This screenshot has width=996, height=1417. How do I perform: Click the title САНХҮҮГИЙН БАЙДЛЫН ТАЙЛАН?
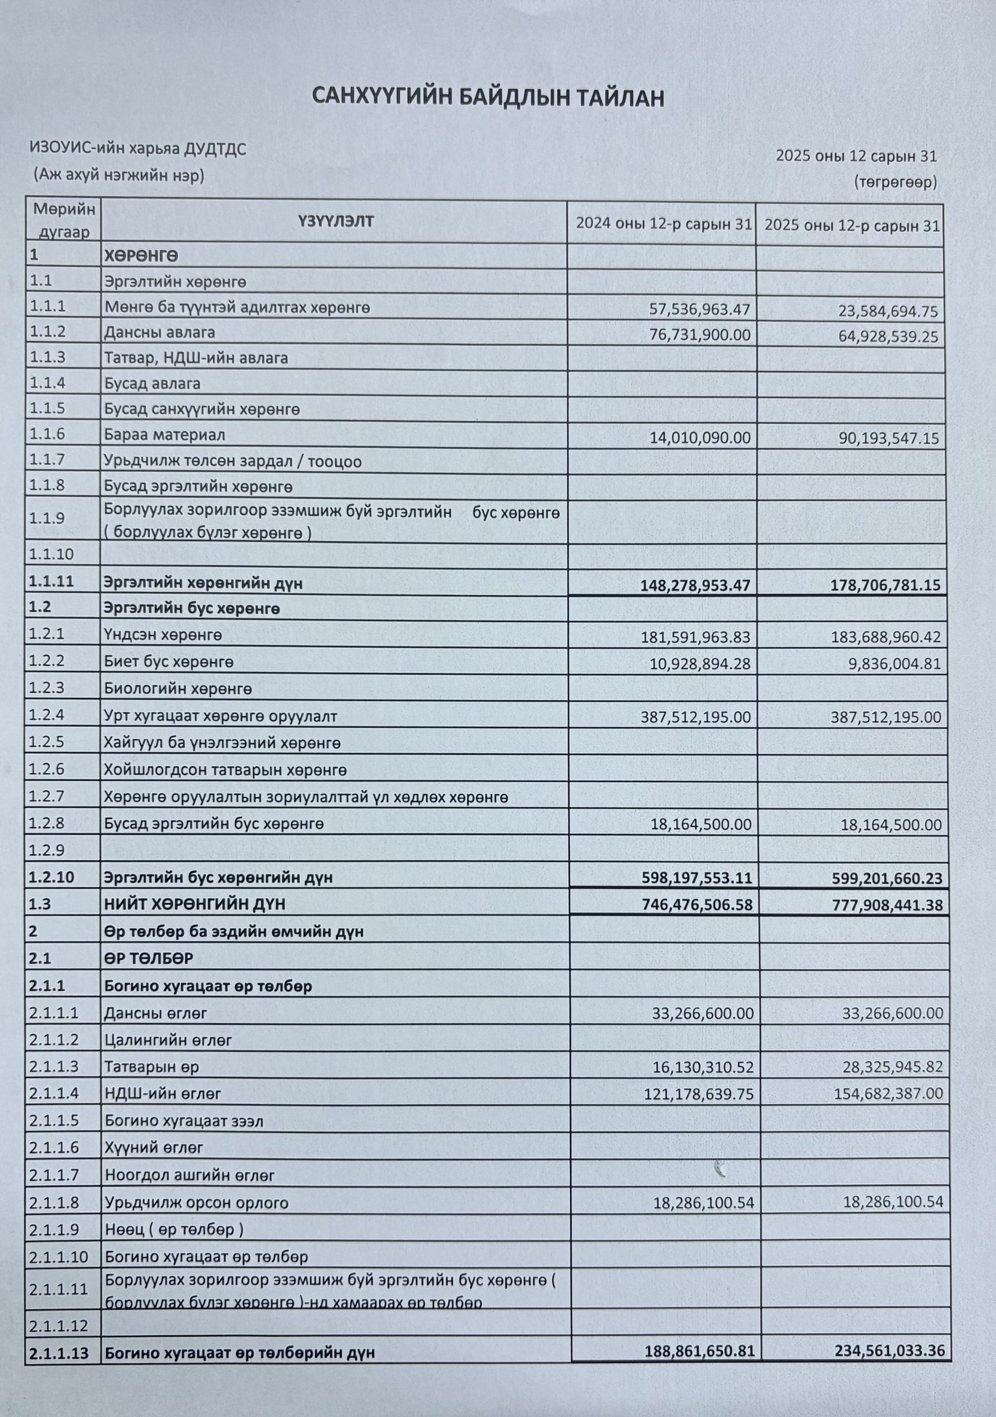[487, 97]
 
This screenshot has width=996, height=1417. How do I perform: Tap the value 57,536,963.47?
[700, 309]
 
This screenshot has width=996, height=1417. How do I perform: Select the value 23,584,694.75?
[888, 311]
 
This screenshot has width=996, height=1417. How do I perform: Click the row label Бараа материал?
[165, 435]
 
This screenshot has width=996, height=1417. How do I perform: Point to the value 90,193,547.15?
[888, 439]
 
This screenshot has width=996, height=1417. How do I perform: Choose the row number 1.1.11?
[51, 581]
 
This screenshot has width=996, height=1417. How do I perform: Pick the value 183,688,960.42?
[885, 637]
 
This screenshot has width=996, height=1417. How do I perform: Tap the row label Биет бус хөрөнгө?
[169, 662]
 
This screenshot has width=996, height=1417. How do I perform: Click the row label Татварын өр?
[152, 1067]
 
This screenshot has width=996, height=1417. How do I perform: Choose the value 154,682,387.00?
[888, 1094]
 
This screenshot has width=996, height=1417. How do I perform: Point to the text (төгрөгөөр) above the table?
[895, 182]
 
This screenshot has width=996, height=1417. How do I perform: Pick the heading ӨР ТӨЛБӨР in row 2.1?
[149, 959]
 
